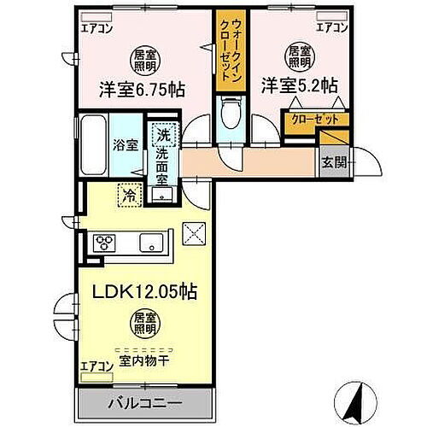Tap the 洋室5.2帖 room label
coord(298,85)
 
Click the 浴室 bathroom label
coord(126,146)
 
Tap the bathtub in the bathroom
coord(92,144)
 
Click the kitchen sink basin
coord(151,241)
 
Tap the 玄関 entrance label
coord(333,161)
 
